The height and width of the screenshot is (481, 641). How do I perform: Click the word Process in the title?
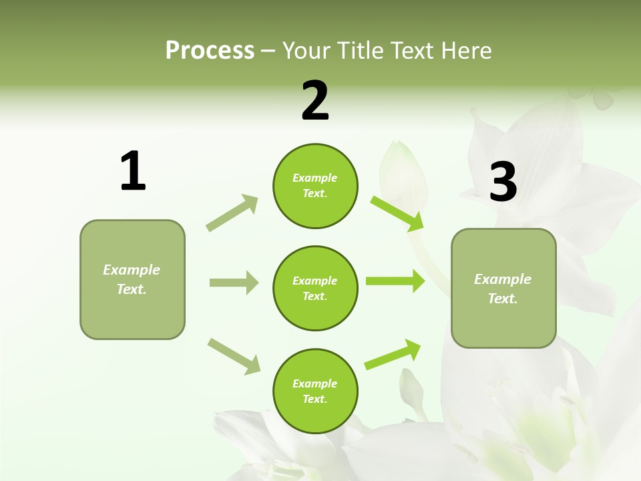[x=210, y=51]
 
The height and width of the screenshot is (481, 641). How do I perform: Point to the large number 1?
[x=133, y=171]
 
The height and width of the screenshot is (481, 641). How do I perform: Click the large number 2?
[x=315, y=100]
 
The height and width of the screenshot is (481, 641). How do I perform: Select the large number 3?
[x=503, y=182]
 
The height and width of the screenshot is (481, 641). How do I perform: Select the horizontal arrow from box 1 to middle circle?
[x=234, y=283]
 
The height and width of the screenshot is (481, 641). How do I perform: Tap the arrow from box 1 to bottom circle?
[x=234, y=355]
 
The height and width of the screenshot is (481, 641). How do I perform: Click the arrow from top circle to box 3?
[x=397, y=213]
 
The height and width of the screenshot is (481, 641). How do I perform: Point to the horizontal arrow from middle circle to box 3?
[x=395, y=281]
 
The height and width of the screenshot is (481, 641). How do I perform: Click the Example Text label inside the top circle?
[x=315, y=186]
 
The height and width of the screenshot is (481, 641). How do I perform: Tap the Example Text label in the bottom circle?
[x=315, y=391]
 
